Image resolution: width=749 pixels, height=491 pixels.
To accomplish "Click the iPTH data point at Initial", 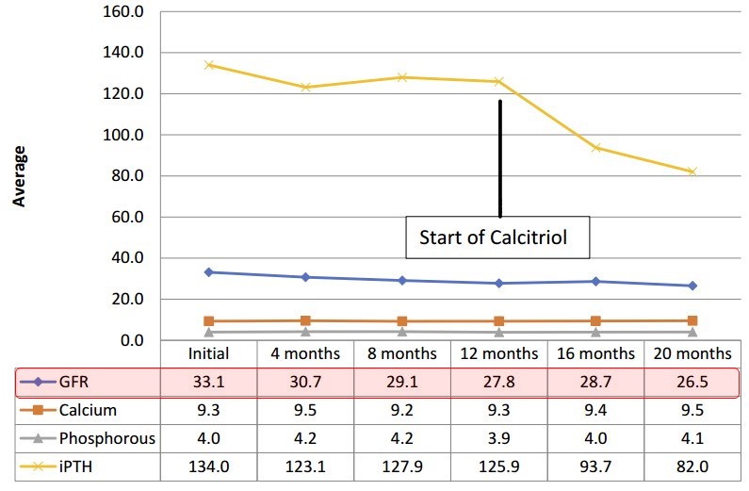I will pos(208,65).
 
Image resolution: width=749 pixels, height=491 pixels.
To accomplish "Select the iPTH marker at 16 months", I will pos(596,148).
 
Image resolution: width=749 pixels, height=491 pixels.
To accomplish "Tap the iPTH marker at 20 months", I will pos(693,172).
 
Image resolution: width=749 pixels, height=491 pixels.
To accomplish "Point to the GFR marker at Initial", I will pos(208,272).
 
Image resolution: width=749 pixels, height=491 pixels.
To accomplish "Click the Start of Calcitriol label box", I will pos(499,237).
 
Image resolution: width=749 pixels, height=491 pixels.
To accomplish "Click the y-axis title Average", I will pos(18,176).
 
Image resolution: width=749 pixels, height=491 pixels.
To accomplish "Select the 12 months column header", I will pos(499,354).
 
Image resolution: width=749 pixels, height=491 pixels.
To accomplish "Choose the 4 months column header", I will pos(305,354).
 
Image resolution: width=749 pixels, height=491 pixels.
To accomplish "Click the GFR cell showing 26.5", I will pos(693,383).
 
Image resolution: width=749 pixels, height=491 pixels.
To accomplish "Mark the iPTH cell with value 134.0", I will pos(208,466).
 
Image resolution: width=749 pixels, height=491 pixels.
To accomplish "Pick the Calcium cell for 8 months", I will pos(402,411).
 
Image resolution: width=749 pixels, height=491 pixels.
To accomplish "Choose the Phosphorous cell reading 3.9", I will pos(499,438).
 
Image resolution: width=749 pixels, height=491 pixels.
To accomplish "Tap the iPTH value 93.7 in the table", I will pos(596,466).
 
